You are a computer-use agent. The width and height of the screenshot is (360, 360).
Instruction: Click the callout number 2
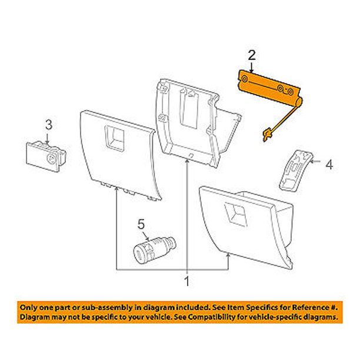point(252,56)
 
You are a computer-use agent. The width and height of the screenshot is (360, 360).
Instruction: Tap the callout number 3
point(49,124)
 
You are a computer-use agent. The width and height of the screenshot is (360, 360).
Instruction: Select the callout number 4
point(329,165)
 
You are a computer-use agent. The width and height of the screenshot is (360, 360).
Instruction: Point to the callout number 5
point(141,224)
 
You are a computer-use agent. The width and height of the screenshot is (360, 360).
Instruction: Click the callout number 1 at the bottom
point(187,282)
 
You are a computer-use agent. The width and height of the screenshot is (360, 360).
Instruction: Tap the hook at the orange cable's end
point(265,137)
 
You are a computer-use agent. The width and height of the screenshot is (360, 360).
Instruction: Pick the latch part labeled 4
point(295,170)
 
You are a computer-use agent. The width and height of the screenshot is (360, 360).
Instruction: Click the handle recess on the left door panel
point(113,137)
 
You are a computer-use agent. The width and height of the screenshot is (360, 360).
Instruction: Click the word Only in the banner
point(30,308)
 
